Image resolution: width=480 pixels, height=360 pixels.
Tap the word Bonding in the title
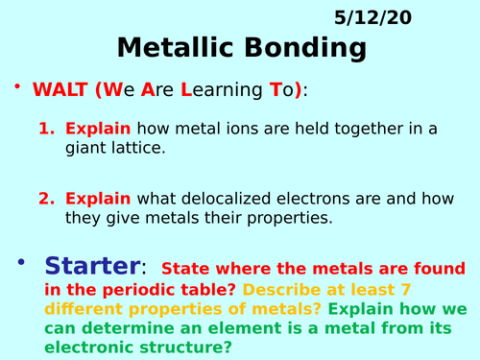[306, 48]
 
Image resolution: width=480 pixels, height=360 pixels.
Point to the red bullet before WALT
[17, 86]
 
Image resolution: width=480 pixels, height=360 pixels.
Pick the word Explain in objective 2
[98, 199]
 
